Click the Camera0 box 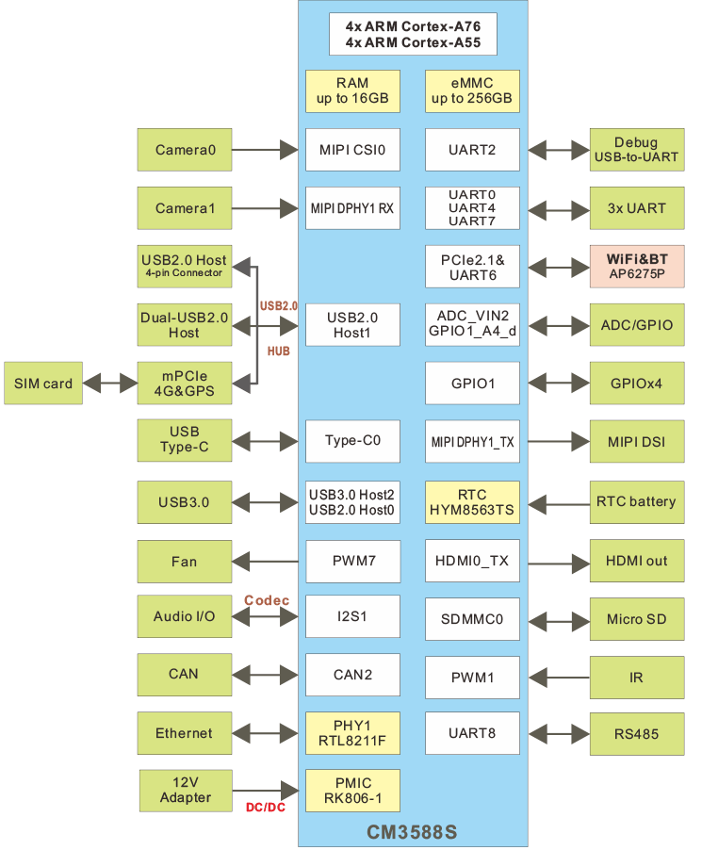click(184, 149)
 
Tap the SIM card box click(43, 384)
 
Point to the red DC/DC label click(266, 808)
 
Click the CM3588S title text click(412, 832)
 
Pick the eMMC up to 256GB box click(472, 91)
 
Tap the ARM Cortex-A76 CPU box click(412, 34)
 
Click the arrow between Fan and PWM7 click(269, 562)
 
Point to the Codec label click(267, 600)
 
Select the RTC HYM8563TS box click(472, 502)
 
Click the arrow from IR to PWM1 click(559, 676)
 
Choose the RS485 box click(636, 733)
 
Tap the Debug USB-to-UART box click(636, 150)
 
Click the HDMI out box click(636, 561)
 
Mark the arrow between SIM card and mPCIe click(110, 384)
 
